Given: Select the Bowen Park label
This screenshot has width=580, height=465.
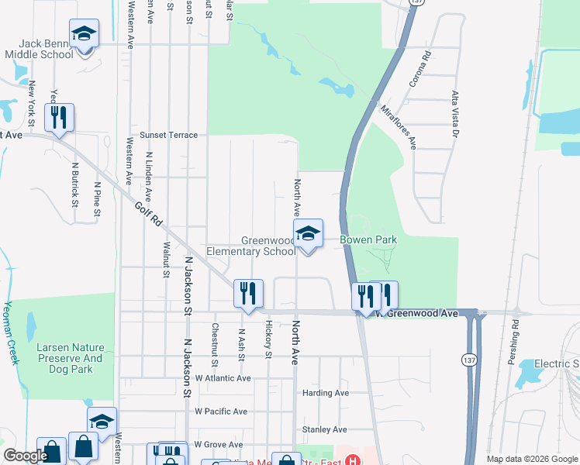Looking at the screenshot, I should coord(368,240).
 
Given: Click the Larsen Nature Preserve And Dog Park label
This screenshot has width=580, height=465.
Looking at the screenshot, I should coord(70,359).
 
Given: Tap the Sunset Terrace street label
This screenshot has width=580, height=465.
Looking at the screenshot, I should coord(168,135).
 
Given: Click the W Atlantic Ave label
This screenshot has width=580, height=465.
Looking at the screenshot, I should coord(223,378).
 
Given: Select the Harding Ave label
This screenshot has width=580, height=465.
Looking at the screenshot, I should coord(326,393).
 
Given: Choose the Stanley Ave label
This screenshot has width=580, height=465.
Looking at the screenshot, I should coord(324,429).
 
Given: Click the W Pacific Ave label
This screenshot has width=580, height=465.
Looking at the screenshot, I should coord(221,412).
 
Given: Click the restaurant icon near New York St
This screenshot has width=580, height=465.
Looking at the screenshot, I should coord(59,119).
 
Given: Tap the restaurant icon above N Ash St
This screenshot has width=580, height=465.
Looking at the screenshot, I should coord(248,294).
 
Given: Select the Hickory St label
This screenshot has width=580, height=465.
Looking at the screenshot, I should coord(268,339).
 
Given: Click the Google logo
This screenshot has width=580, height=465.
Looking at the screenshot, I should coord(26,456).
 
